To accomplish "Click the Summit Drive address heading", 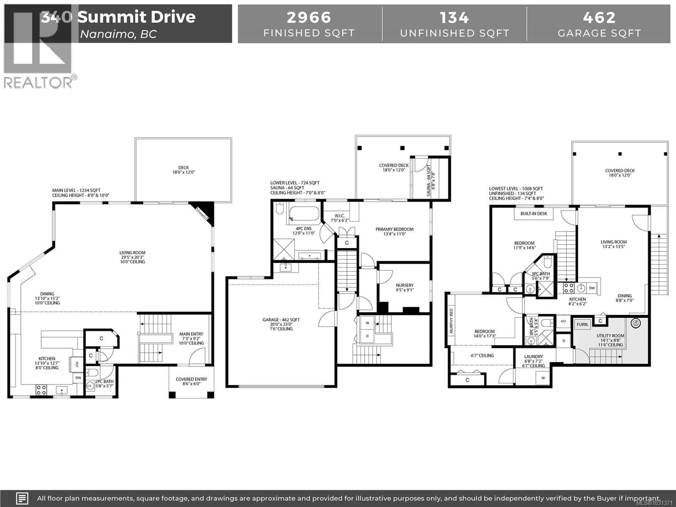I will (136, 17).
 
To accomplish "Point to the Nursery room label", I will (405, 285).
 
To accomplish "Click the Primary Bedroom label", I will (394, 229).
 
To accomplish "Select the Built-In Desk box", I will (534, 214).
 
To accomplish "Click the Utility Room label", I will (610, 336).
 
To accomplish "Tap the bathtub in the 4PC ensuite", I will (304, 214).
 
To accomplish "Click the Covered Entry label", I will (191, 379).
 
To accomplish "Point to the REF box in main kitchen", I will (77, 364).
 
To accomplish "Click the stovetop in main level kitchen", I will (41, 390).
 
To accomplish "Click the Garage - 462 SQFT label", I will (281, 320).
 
